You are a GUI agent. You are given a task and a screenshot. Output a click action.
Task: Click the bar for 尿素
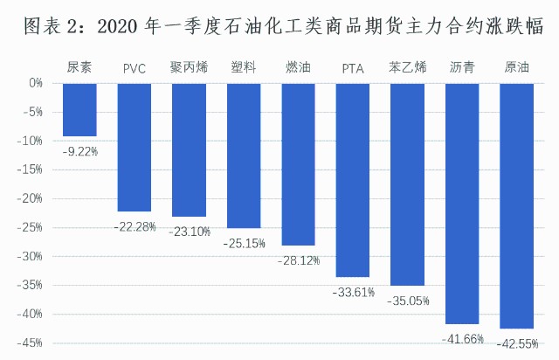click(x=79, y=110)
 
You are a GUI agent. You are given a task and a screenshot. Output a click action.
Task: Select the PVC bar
click(x=135, y=148)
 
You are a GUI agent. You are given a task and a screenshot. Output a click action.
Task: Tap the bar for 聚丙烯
click(x=189, y=150)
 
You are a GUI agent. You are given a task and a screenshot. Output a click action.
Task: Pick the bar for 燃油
click(x=298, y=164)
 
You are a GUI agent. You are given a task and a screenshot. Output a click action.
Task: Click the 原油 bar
click(x=516, y=206)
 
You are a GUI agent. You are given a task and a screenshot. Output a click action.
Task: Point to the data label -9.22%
click(x=80, y=150)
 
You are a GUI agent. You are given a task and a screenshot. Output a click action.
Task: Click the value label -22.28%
click(x=135, y=226)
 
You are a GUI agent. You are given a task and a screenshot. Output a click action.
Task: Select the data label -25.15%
click(x=244, y=242)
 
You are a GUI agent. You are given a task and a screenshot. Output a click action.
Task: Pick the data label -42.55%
click(x=516, y=343)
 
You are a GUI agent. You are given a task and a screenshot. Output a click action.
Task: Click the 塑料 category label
click(x=244, y=67)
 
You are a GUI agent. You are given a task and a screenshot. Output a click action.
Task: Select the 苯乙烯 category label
click(x=407, y=67)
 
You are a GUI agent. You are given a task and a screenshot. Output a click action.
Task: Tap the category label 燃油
click(x=298, y=67)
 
